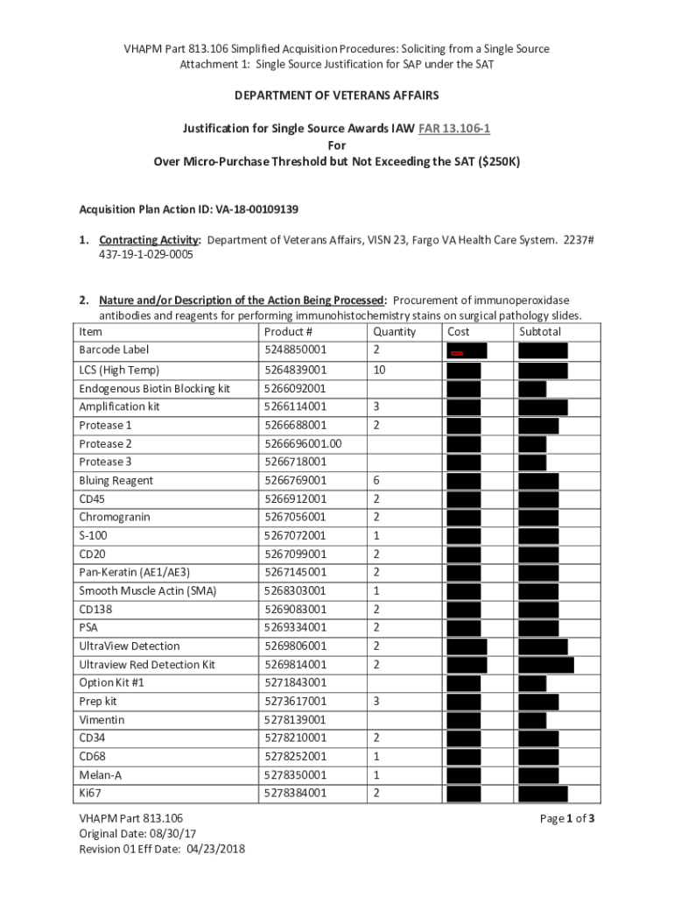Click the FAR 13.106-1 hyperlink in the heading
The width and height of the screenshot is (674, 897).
point(454,129)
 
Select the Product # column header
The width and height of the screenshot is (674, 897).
point(288,332)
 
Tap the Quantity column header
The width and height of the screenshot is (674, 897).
point(394,332)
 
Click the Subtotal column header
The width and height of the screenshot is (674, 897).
point(540,332)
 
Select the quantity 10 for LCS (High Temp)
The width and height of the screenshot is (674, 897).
point(379,370)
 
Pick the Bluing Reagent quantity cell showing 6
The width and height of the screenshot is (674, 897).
point(376,480)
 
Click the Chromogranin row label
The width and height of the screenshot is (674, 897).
point(114,517)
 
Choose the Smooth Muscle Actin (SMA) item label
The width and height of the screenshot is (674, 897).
point(147,590)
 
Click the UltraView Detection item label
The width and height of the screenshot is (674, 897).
point(130,646)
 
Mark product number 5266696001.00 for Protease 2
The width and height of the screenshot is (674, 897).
point(303,443)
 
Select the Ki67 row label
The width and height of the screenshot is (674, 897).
point(89,793)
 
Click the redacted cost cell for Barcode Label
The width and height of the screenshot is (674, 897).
point(467,351)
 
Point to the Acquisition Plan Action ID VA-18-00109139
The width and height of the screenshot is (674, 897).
point(189,209)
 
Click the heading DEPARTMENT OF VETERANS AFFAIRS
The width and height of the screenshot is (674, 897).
point(336,95)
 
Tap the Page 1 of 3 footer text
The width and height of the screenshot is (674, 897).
point(567,819)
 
